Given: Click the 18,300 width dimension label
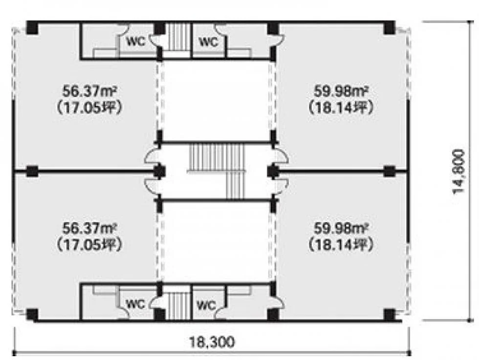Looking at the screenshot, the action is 212,342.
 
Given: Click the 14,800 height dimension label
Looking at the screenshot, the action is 459,171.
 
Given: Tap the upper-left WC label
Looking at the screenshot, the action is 136,41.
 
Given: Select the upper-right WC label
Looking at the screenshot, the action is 209,41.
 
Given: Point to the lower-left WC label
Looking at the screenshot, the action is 136,304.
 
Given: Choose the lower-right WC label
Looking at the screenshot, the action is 206,304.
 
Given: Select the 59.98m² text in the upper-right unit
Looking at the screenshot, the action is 341,91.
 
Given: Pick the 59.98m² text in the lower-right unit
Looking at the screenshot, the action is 341,229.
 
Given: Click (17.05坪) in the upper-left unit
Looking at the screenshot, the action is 90,107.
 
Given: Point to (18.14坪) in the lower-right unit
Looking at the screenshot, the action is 341,245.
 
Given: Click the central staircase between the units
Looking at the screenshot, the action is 218,171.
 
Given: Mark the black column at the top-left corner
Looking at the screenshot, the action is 32,28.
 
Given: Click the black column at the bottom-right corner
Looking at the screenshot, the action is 389,315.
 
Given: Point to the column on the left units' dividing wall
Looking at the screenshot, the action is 32,171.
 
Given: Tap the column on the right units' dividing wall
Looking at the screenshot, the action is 389,171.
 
